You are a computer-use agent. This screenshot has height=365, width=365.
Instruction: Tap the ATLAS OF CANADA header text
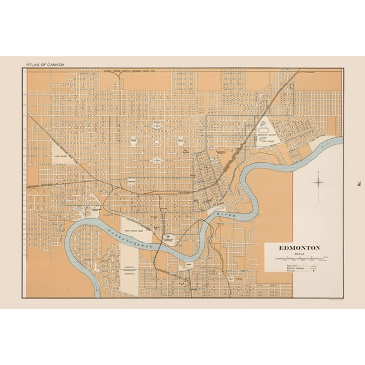(46, 65)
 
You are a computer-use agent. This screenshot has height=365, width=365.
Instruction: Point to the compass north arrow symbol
(318, 182)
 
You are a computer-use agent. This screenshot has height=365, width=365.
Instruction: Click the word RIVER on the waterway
(225, 216)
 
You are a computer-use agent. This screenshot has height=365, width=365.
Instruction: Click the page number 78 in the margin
(359, 183)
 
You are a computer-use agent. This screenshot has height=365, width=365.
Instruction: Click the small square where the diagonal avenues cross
(156, 143)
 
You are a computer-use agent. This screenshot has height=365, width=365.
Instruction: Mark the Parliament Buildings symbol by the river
(168, 239)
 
